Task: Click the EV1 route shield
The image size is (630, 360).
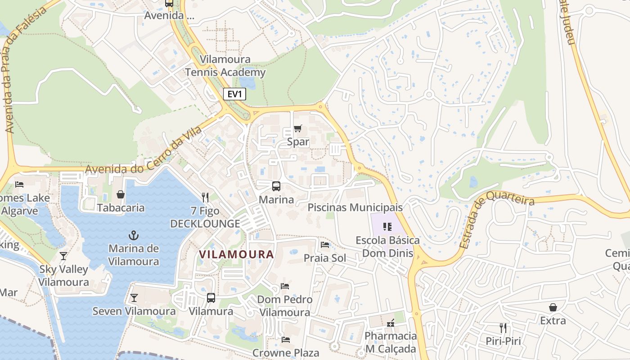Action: point(234,94)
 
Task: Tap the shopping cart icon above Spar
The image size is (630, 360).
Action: point(297,129)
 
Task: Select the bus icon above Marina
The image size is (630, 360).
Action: point(276,186)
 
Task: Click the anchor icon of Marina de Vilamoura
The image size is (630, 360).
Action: point(134,235)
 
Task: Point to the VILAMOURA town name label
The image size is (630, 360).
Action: point(237,254)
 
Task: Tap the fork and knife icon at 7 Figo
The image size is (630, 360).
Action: point(205,197)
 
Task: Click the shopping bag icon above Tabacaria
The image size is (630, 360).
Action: point(121,194)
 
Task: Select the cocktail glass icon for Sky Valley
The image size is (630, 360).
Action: point(63,256)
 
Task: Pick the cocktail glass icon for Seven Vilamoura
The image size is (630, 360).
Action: point(134,298)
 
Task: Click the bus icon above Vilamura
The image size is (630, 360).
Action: point(211,298)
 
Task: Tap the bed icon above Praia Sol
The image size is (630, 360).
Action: point(325,245)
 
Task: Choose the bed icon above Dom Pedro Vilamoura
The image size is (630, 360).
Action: point(284,286)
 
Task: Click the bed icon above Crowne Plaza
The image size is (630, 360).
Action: point(286,339)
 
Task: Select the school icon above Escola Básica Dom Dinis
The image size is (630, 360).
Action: point(387,227)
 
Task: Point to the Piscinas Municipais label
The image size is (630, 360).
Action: point(355,207)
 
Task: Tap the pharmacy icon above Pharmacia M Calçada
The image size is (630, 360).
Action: point(391,323)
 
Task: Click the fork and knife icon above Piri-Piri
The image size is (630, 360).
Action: point(503,328)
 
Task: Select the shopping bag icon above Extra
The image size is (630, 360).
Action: point(553,307)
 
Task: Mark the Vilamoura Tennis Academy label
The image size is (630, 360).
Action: point(225,66)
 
